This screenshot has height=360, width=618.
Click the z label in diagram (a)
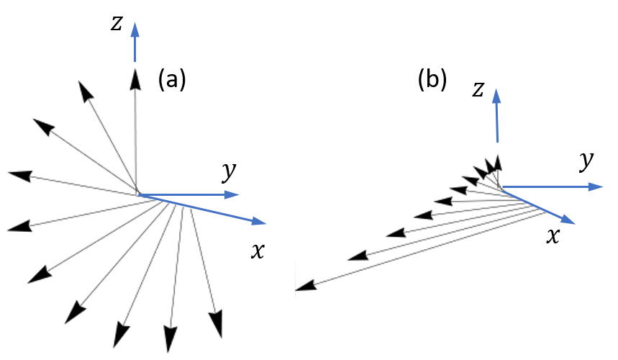(x=116, y=23)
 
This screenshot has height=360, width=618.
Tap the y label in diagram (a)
(x=228, y=171)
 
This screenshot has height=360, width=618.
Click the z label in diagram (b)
(x=477, y=89)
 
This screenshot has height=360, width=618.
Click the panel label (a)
(x=172, y=79)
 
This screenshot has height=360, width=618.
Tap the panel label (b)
(x=432, y=79)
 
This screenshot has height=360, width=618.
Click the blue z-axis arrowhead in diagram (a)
(x=134, y=30)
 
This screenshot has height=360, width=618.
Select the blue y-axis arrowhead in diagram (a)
(x=231, y=194)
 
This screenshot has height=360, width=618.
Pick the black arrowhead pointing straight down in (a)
(x=170, y=338)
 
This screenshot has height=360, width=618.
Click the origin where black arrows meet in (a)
(x=137, y=193)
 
